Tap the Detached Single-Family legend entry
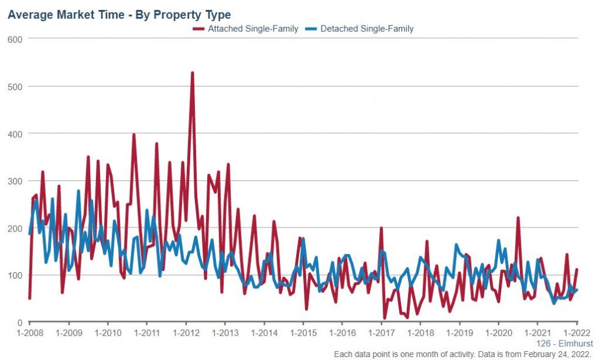367,28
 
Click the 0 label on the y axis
19,322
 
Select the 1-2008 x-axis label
29,333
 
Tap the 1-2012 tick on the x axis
186,333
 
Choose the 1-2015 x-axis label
303,333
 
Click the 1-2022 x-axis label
577,333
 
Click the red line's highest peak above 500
193,73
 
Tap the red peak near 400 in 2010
134,135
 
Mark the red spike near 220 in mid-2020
518,218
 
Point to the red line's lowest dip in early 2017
385,318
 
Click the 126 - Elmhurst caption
565,344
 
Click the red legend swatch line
198,28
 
